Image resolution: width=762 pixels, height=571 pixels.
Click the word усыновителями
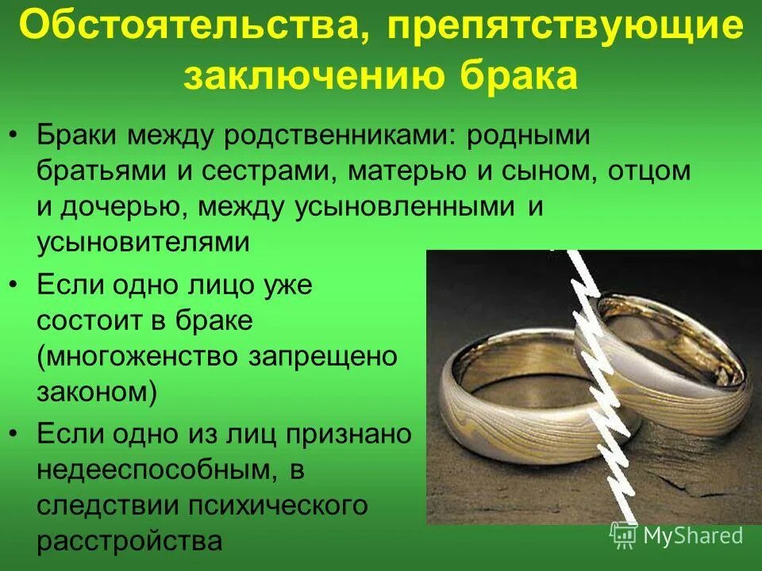[143, 242]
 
